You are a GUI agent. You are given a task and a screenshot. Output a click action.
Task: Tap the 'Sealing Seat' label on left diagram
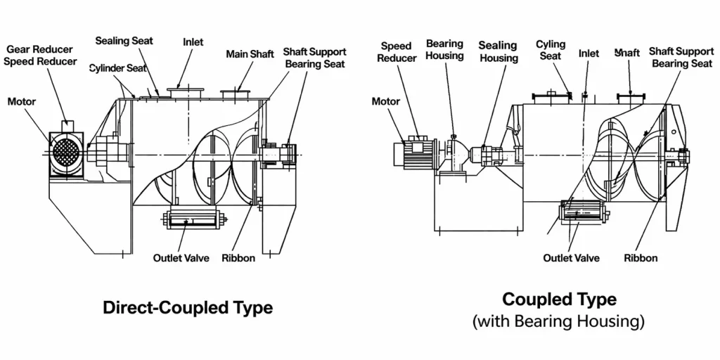[124, 41]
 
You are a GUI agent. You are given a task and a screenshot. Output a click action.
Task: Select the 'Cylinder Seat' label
[117, 68]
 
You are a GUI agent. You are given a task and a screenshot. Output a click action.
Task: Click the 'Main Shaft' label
[250, 54]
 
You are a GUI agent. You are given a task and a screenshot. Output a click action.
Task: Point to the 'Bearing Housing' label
[444, 50]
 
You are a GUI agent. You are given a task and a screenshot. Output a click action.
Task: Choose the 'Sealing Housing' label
[498, 52]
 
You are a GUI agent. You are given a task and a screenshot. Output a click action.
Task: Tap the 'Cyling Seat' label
[551, 50]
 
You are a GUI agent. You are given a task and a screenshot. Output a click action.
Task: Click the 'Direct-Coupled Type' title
[188, 308]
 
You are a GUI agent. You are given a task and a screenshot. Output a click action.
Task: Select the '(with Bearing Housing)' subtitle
[559, 322]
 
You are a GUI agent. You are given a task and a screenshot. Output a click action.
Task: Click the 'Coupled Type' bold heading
[559, 300]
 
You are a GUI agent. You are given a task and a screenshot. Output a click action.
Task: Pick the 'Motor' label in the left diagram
[22, 102]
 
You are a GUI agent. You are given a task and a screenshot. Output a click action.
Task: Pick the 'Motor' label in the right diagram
[385, 101]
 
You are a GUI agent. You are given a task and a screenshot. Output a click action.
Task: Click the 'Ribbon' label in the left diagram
[238, 258]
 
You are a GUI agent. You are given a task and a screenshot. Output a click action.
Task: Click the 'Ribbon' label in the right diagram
[641, 258]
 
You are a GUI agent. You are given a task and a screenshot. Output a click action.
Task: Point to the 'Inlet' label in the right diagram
[589, 53]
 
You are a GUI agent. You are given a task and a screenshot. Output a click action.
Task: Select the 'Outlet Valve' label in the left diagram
[181, 258]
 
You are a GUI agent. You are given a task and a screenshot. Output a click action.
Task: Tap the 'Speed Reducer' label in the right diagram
[396, 52]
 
